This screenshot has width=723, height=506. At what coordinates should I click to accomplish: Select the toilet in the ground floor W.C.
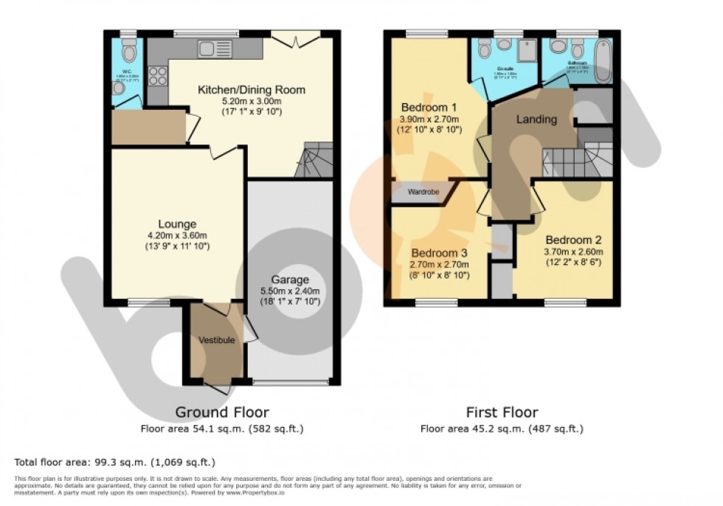pos(130,52)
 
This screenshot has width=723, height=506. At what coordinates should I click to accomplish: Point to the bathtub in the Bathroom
pos(602,62)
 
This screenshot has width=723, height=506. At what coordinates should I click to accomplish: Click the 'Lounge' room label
pos(176,223)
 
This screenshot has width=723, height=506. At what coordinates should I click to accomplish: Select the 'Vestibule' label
pos(216,339)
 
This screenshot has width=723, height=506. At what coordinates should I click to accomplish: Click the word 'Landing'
pos(536,119)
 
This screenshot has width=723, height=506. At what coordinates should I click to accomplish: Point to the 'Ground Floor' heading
pos(221,412)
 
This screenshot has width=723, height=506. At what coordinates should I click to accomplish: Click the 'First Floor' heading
pos(502,412)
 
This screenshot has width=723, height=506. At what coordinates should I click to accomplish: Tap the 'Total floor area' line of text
pos(114,462)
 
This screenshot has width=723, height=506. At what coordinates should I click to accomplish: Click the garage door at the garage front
pos(290,382)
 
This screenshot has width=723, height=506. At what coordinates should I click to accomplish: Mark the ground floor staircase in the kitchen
pos(313,160)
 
